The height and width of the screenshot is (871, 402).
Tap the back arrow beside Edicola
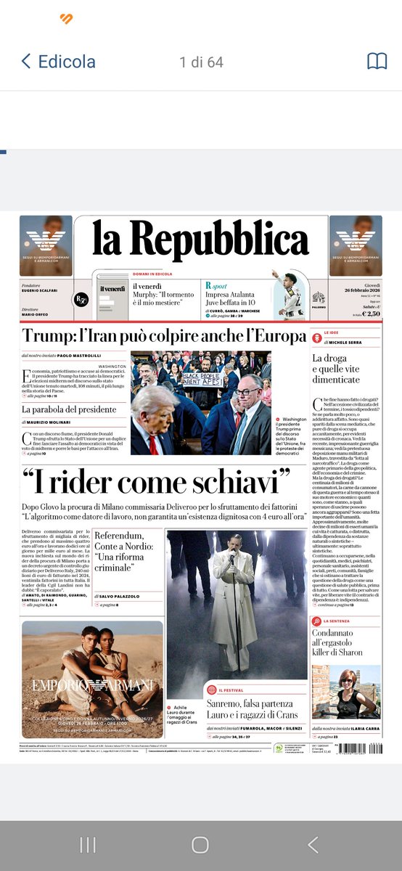[26, 61]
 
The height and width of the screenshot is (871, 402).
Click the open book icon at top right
[377, 61]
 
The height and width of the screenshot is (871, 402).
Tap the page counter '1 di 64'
[201, 62]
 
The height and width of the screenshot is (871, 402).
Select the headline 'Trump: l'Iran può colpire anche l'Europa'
[164, 336]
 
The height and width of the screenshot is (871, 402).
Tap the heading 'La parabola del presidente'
[69, 409]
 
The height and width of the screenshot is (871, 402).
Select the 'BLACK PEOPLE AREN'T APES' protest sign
[204, 379]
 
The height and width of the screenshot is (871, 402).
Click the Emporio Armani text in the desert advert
[92, 684]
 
